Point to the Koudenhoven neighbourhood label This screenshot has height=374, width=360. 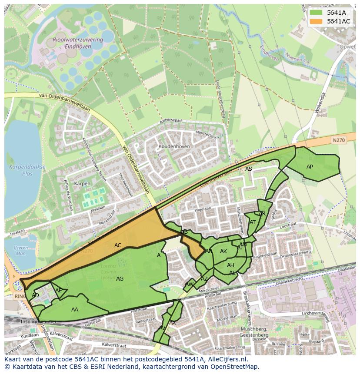pos(174,147)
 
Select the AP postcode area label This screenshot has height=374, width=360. pos(310,167)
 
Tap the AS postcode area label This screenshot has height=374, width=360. pos(248,169)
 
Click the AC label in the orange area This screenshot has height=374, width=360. pos(118,245)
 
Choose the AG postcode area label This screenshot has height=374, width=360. pos(120,279)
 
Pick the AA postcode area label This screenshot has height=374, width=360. pos(75,310)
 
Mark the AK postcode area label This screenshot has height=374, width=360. pos(223,252)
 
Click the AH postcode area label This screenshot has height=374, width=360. pos(230,265)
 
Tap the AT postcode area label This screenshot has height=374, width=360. pos(253,222)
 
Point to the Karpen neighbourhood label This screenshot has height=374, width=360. pos(82,184)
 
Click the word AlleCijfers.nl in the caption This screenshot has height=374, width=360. pos(224,360)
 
